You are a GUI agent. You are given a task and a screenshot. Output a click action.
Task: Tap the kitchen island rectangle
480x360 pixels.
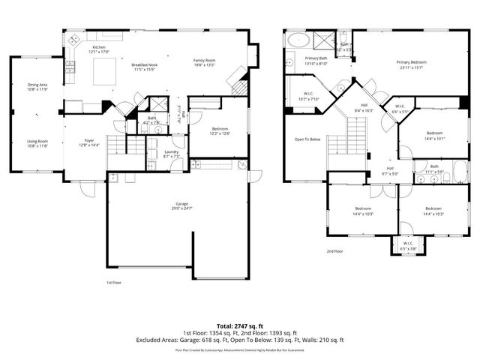coord(103,72)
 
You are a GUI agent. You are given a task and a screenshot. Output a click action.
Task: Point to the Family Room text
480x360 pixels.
coord(204,62)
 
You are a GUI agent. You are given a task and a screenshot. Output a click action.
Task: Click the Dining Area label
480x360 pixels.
coord(37,87)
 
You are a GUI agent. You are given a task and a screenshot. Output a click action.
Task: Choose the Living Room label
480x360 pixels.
coord(37,143)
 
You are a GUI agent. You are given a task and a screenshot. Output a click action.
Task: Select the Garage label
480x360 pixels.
coord(181,205)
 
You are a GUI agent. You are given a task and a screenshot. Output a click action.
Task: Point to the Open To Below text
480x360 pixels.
coord(307,139)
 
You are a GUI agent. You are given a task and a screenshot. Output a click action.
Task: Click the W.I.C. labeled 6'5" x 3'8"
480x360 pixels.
coord(408,244)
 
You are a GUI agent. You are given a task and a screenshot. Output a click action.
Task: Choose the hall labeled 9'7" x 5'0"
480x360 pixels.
coord(390,171)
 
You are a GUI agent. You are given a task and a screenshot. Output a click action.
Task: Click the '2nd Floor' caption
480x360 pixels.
coord(334,252)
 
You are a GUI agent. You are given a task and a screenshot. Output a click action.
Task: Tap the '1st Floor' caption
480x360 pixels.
coord(114,283)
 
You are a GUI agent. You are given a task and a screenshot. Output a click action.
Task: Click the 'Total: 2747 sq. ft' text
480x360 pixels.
coord(239,326)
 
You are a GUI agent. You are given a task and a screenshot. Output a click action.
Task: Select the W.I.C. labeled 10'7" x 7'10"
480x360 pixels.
coord(308,97)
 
